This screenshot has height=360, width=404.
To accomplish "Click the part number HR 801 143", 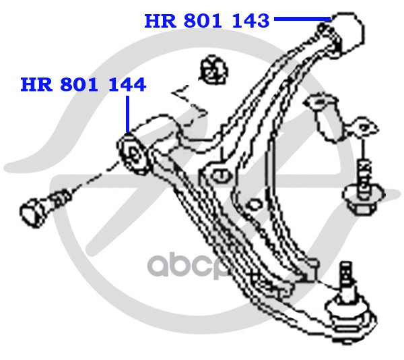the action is pyautogui.click(x=207, y=21).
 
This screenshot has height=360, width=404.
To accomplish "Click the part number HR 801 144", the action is pyautogui.click(x=83, y=85).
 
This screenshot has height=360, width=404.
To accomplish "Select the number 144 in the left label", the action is pyautogui.click(x=129, y=85).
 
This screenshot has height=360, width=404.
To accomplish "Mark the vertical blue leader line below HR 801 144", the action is pyautogui.click(x=127, y=115).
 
